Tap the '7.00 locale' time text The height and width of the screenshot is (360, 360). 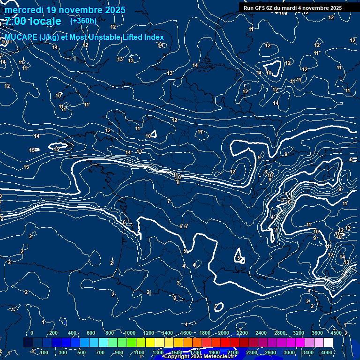point(33,22)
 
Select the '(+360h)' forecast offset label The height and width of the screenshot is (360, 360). point(83,21)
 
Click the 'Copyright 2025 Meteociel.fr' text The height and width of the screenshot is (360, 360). point(196,357)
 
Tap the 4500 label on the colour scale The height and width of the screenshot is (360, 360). point(336,333)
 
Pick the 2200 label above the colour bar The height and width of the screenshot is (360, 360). point(242,333)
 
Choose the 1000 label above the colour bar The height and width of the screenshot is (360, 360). point(129,333)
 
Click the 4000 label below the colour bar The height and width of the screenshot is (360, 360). point(327,352)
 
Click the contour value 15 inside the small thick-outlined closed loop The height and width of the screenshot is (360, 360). point(57,149)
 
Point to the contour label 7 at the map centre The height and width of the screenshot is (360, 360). point(169,202)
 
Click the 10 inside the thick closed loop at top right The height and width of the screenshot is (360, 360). point(269,73)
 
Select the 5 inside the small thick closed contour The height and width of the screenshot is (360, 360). point(239,258)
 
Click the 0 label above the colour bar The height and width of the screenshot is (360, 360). point(32,333)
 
